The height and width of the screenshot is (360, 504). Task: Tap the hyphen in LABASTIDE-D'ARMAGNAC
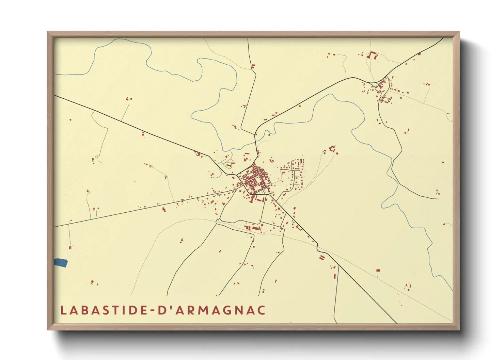point(152,311)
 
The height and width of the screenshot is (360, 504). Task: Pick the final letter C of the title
point(261,310)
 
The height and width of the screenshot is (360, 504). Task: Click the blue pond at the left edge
point(61,263)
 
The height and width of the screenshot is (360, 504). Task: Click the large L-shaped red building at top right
point(373,55)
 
